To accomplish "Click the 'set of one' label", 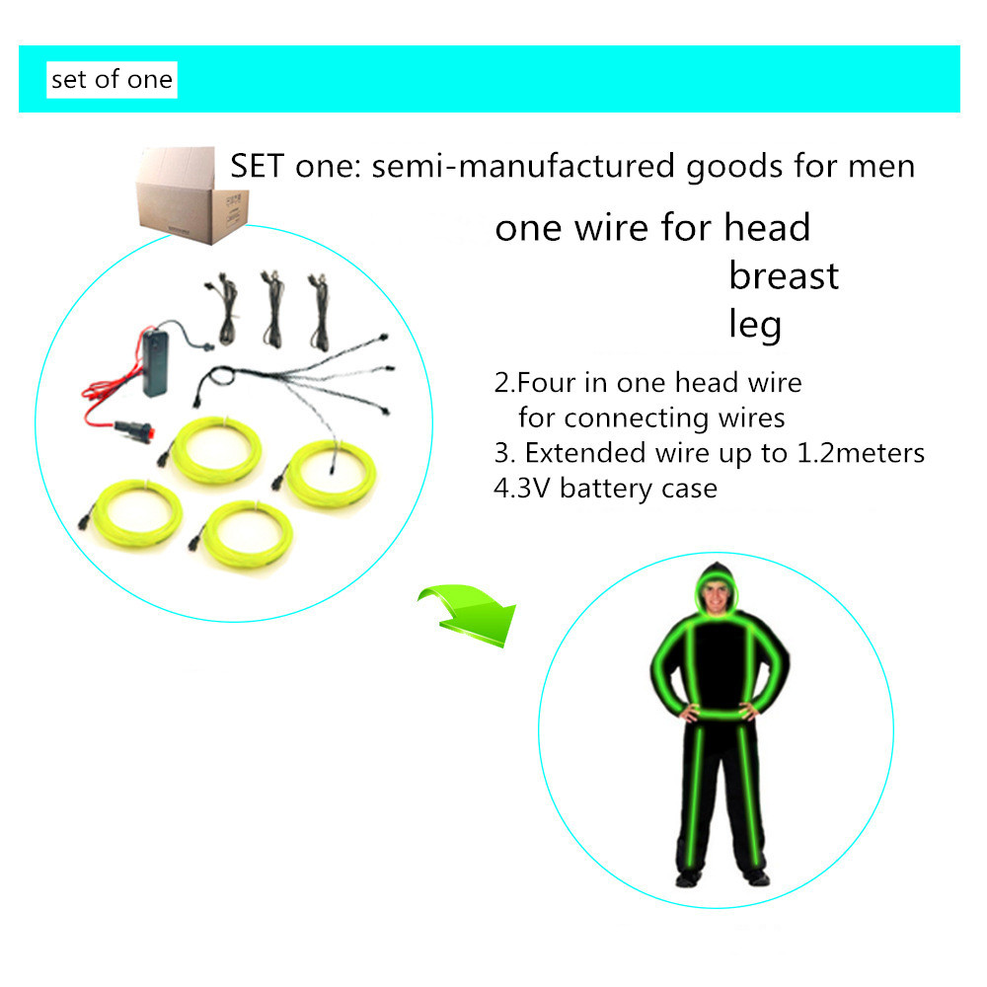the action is [x=113, y=80].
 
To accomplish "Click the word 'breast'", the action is [x=784, y=275].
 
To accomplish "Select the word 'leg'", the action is [x=755, y=325].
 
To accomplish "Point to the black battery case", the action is [x=156, y=364].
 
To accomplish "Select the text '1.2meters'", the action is [x=861, y=453].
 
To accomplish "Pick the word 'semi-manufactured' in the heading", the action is [x=523, y=166].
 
